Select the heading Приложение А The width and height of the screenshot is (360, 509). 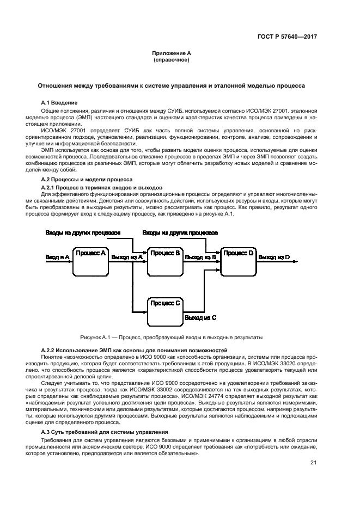172,53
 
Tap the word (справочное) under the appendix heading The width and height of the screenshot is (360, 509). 172,59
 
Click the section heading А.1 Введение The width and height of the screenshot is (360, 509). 59,102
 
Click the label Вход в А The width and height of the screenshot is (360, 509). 57,256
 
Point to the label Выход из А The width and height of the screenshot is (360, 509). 126,256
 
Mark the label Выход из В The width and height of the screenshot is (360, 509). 200,256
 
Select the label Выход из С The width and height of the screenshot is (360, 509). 200,316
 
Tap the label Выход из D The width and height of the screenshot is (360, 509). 274,256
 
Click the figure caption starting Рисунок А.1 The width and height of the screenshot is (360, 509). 171,336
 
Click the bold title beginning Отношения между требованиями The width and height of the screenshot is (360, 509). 171,85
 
